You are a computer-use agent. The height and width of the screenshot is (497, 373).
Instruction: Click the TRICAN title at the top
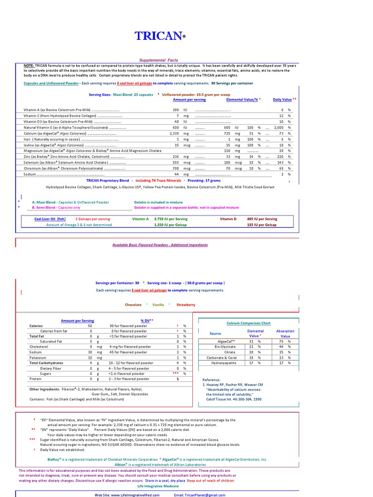pos(159,36)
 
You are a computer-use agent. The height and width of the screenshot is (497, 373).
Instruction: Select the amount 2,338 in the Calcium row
pos(174,133)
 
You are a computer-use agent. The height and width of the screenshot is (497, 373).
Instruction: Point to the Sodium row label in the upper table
pos(30,174)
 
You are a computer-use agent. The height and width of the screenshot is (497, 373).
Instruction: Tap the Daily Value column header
pos(282,99)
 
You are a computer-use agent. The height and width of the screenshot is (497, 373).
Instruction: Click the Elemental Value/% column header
pos(242,99)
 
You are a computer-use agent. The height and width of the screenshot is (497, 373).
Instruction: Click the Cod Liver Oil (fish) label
pos(50,219)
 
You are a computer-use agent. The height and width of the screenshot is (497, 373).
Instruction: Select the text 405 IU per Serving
pos(262,219)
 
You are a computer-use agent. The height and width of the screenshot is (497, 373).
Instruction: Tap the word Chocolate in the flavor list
pos(133,305)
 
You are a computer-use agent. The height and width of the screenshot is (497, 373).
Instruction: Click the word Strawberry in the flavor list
pos(186,305)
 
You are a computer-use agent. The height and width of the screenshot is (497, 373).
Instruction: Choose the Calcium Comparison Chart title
pos(248,323)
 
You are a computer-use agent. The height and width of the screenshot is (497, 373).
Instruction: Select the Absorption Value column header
pos(285,333)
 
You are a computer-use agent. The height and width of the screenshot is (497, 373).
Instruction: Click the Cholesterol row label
pos(39,347)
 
